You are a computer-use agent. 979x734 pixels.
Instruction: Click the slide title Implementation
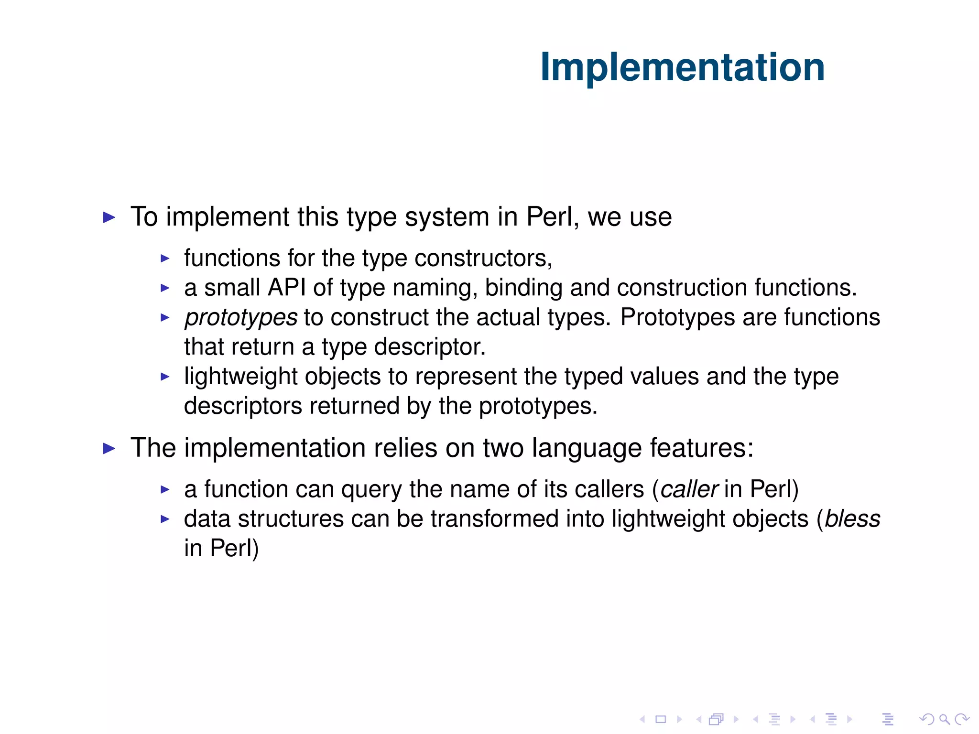pos(682,67)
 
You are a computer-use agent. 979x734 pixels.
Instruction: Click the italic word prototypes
pos(241,317)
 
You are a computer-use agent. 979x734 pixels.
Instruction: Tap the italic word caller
pos(689,489)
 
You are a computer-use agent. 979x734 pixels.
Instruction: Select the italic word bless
pos(852,519)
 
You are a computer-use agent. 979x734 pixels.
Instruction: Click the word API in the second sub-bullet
pos(286,288)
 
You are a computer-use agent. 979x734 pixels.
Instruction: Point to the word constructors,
pos(483,258)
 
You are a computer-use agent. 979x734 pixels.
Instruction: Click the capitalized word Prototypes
pos(677,317)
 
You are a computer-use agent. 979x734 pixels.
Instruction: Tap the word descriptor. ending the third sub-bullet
pos(430,347)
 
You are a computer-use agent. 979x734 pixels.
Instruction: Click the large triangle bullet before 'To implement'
pos(109,217)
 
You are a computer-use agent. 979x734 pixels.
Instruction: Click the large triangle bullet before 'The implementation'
pos(109,448)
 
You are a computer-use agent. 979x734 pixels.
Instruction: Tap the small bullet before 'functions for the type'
pos(165,259)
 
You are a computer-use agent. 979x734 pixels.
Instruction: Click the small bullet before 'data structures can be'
pos(165,519)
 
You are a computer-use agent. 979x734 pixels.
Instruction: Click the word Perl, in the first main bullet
pos(553,217)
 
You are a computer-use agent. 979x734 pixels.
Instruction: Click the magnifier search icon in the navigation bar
pos(944,719)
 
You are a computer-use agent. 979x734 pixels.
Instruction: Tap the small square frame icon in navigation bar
pos(661,719)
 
